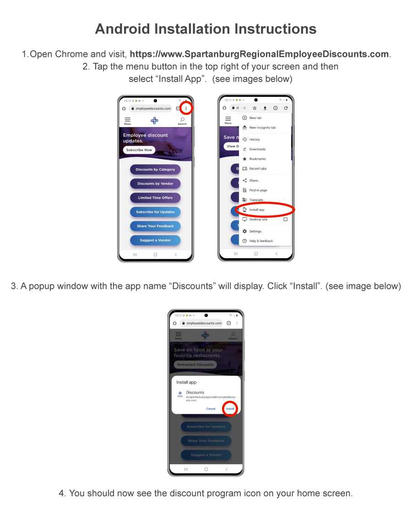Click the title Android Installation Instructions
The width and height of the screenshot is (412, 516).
(206, 29)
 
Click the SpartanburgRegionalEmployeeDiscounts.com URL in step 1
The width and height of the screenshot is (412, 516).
(260, 54)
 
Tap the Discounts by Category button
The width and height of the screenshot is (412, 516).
(155, 169)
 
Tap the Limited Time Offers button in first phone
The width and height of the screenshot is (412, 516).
(155, 198)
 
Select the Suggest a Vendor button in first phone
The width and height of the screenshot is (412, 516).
(155, 240)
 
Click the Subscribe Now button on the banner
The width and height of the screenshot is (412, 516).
(139, 150)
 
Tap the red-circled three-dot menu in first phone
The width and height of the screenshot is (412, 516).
(186, 108)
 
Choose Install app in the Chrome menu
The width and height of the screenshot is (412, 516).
(257, 210)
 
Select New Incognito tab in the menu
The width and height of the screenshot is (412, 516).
(262, 128)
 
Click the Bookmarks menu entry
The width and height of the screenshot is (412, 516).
(257, 159)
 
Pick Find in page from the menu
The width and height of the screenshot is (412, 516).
(258, 190)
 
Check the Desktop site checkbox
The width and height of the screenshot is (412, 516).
(285, 219)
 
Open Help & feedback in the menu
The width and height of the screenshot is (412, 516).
(261, 241)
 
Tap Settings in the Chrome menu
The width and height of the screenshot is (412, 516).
(255, 231)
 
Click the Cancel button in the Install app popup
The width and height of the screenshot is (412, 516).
(211, 409)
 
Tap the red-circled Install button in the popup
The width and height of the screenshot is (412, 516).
(230, 409)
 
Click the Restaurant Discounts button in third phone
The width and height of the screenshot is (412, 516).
(195, 365)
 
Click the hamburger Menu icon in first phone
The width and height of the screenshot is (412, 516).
(127, 120)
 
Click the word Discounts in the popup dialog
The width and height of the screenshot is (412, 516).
(195, 392)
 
